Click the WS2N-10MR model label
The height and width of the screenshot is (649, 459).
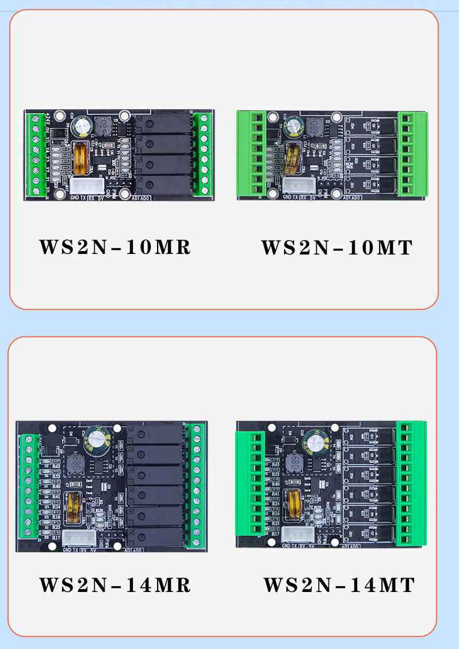point(115,247)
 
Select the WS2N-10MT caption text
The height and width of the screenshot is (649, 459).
point(337,248)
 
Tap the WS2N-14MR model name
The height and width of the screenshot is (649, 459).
point(115,585)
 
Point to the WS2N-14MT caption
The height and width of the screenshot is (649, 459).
point(339,585)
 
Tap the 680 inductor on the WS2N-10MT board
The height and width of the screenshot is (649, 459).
point(315,127)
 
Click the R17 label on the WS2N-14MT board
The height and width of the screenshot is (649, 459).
point(276,534)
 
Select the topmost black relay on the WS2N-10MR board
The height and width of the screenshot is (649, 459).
point(163,123)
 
